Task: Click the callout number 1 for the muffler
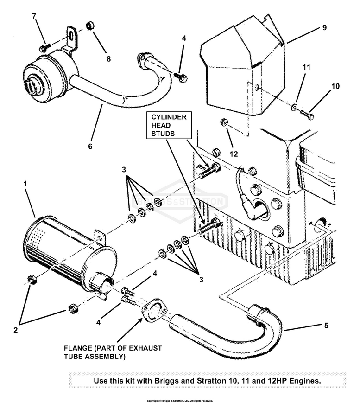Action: pos(26,184)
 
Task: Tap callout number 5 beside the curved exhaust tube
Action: pos(326,326)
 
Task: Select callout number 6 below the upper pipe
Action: pos(90,146)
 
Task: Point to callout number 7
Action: pos(34,16)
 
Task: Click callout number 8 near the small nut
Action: pos(108,59)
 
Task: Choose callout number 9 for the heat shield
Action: pos(324,27)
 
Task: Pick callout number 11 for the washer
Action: pos(305,68)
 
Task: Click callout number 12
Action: pos(234,154)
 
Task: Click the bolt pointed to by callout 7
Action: pos(44,48)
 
